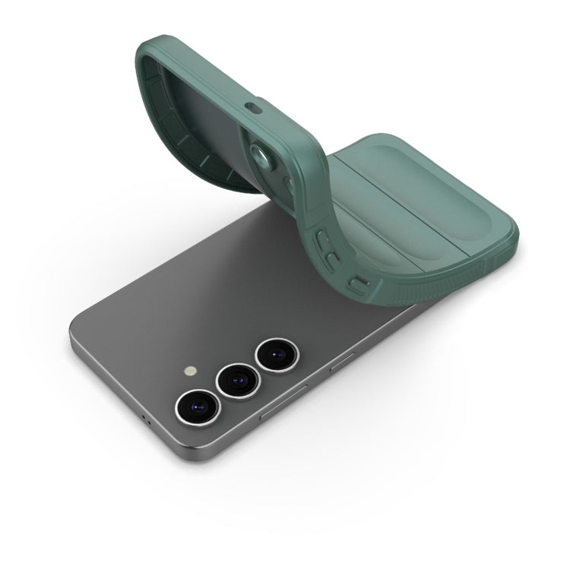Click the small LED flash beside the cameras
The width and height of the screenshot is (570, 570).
[x=189, y=372]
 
